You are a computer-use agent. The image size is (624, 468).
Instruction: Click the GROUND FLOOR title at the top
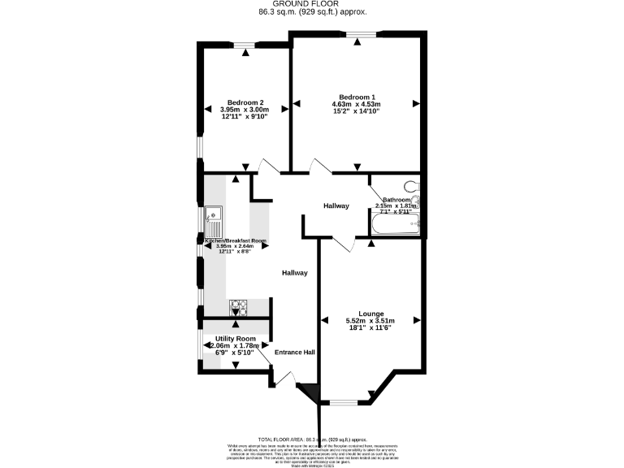coord(311,4)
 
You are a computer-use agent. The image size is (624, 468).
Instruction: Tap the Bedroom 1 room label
coord(356,97)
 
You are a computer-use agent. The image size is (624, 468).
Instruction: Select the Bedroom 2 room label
coord(245,102)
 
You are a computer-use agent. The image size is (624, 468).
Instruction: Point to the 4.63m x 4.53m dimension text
coord(356,104)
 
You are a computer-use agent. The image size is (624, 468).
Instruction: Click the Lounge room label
coord(371,314)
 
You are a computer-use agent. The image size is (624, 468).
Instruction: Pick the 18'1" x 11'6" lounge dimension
coord(371,328)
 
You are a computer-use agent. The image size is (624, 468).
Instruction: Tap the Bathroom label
coord(397,199)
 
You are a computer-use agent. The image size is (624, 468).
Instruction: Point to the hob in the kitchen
coord(240,307)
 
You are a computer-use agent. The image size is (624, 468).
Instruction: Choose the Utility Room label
coord(236,338)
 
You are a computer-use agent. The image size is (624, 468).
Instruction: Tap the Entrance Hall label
coord(294,353)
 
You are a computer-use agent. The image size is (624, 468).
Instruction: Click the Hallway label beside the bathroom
coord(336,206)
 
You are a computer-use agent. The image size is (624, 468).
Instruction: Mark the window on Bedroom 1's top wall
coord(357,33)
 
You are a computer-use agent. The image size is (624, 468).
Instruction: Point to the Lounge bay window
coord(341,401)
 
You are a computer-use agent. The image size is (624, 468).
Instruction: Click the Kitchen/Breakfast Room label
coord(236,241)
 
